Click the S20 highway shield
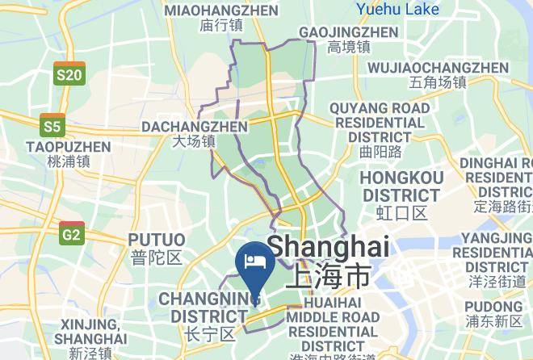tap(69, 73)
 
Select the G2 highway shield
tap(72, 233)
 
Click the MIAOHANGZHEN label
tap(220, 10)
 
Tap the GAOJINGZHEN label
tap(349, 32)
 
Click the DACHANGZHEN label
tap(195, 127)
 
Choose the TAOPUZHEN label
tap(68, 147)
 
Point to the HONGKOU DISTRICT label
tap(401, 186)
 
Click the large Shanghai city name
tap(328, 246)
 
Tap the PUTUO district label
tap(156, 240)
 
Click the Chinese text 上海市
tap(328, 276)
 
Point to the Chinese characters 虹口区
tap(401, 213)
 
